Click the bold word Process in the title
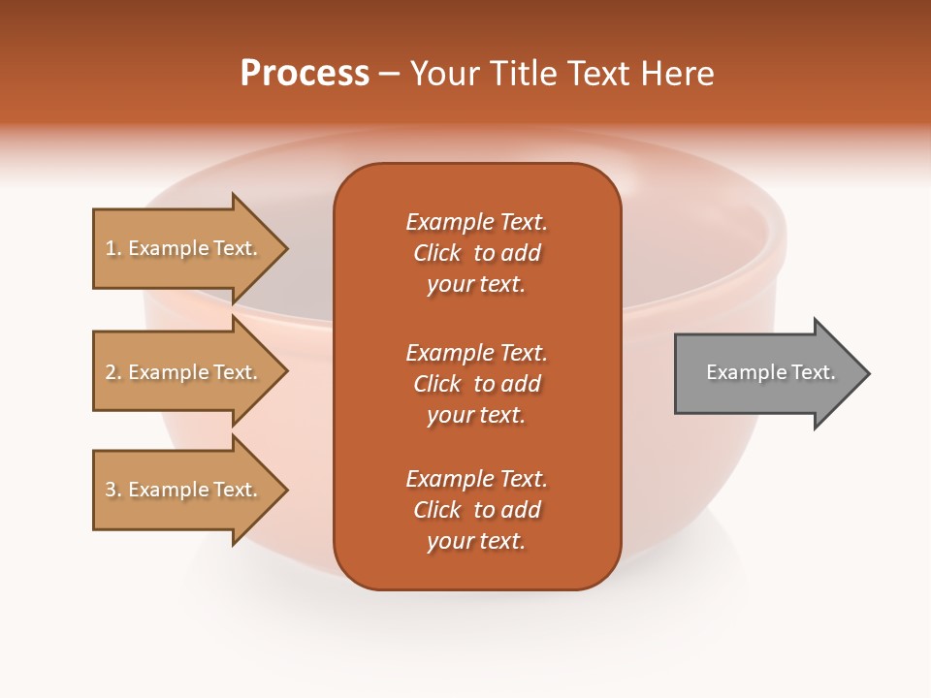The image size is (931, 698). tap(305, 73)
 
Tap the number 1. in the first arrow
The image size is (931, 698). tap(113, 248)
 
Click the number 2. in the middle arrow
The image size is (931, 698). tap(113, 372)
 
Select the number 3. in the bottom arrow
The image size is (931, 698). tap(113, 490)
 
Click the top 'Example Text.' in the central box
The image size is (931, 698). tap(476, 222)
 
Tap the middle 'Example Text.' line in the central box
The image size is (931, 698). tap(476, 353)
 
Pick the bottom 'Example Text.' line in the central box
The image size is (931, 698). tap(476, 479)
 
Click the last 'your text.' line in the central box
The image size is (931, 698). tap(476, 542)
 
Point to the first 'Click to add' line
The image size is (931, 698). tap(476, 253)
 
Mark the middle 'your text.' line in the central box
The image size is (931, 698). tap(476, 415)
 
